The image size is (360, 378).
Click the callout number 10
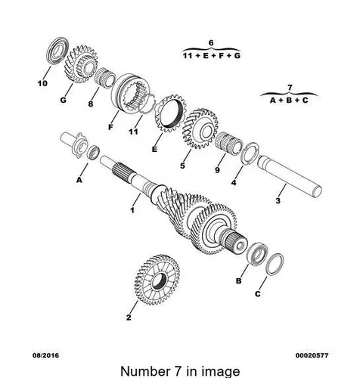[42, 83]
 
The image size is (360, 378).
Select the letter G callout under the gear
[63, 100]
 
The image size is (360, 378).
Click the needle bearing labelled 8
[104, 78]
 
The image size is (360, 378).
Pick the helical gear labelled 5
[200, 129]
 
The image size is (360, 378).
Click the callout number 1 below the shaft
[132, 210]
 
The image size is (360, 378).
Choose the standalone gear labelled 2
[157, 280]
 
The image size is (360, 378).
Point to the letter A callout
[79, 180]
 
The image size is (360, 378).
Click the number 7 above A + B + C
[290, 88]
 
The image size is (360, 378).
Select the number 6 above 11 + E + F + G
[211, 43]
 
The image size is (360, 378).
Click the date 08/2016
[45, 355]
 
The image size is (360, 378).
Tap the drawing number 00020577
[312, 355]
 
